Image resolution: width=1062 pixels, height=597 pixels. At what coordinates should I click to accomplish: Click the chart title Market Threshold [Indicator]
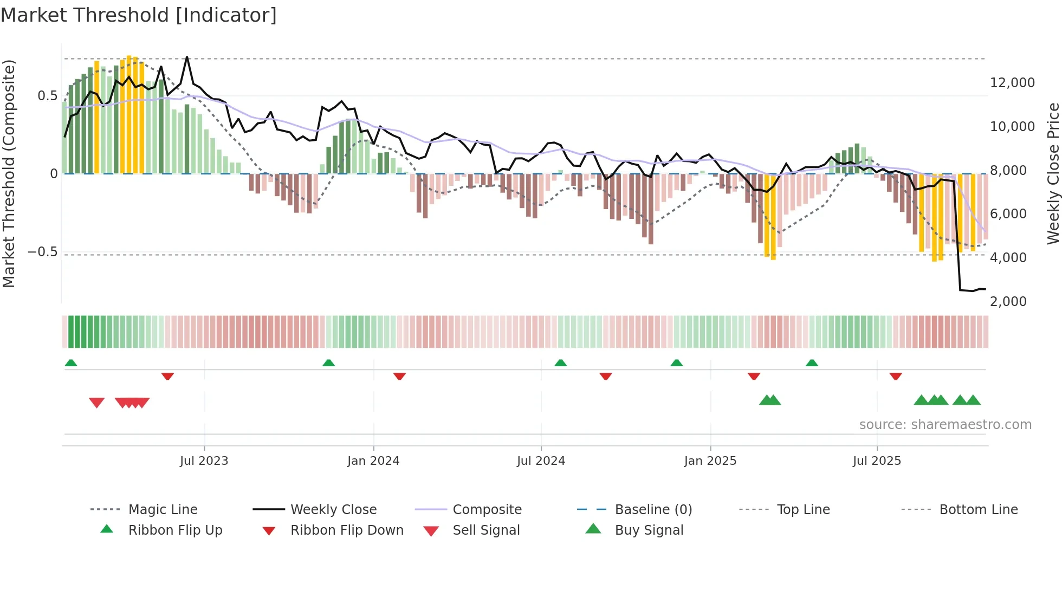pos(139,15)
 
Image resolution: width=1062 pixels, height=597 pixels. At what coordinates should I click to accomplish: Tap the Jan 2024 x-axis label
pos(373,461)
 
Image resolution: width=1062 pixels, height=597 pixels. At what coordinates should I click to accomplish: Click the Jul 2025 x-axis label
pos(877,461)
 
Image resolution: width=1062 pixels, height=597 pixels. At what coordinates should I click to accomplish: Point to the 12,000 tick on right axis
pos(1012,83)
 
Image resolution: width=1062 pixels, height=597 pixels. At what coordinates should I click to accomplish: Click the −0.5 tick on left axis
pos(42,252)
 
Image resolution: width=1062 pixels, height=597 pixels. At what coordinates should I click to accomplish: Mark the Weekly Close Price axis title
pos(1053,173)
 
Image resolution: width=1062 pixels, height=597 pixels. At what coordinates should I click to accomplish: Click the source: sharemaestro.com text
pos(945,425)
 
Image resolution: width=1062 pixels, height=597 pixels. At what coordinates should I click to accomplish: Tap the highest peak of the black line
pos(187,57)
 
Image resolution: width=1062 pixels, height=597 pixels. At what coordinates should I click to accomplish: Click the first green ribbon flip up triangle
pos(71,363)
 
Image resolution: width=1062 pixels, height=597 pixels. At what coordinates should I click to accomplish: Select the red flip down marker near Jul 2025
pos(895,376)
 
